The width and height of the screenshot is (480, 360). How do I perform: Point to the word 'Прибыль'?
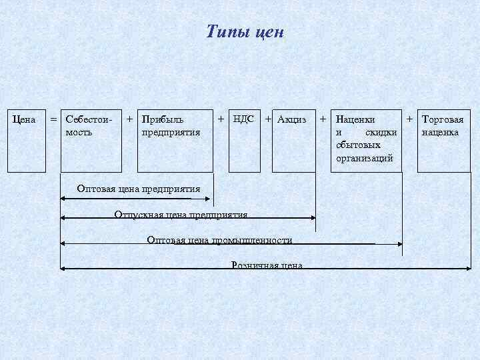click(x=163, y=120)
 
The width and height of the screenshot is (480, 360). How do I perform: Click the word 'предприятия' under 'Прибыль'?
click(x=171, y=132)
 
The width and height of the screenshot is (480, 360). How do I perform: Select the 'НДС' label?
click(x=243, y=119)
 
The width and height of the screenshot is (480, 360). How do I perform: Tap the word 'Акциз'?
click(x=292, y=120)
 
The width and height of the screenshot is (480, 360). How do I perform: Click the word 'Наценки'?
click(x=355, y=120)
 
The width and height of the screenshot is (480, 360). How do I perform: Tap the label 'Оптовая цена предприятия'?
click(x=138, y=189)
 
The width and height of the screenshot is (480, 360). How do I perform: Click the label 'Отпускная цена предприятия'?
click(x=181, y=215)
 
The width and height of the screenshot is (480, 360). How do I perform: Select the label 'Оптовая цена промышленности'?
click(x=219, y=240)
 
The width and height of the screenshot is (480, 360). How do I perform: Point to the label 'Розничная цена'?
click(x=267, y=265)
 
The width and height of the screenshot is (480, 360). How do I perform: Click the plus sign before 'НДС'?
click(x=221, y=119)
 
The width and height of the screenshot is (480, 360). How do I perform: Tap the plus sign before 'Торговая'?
click(x=411, y=119)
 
